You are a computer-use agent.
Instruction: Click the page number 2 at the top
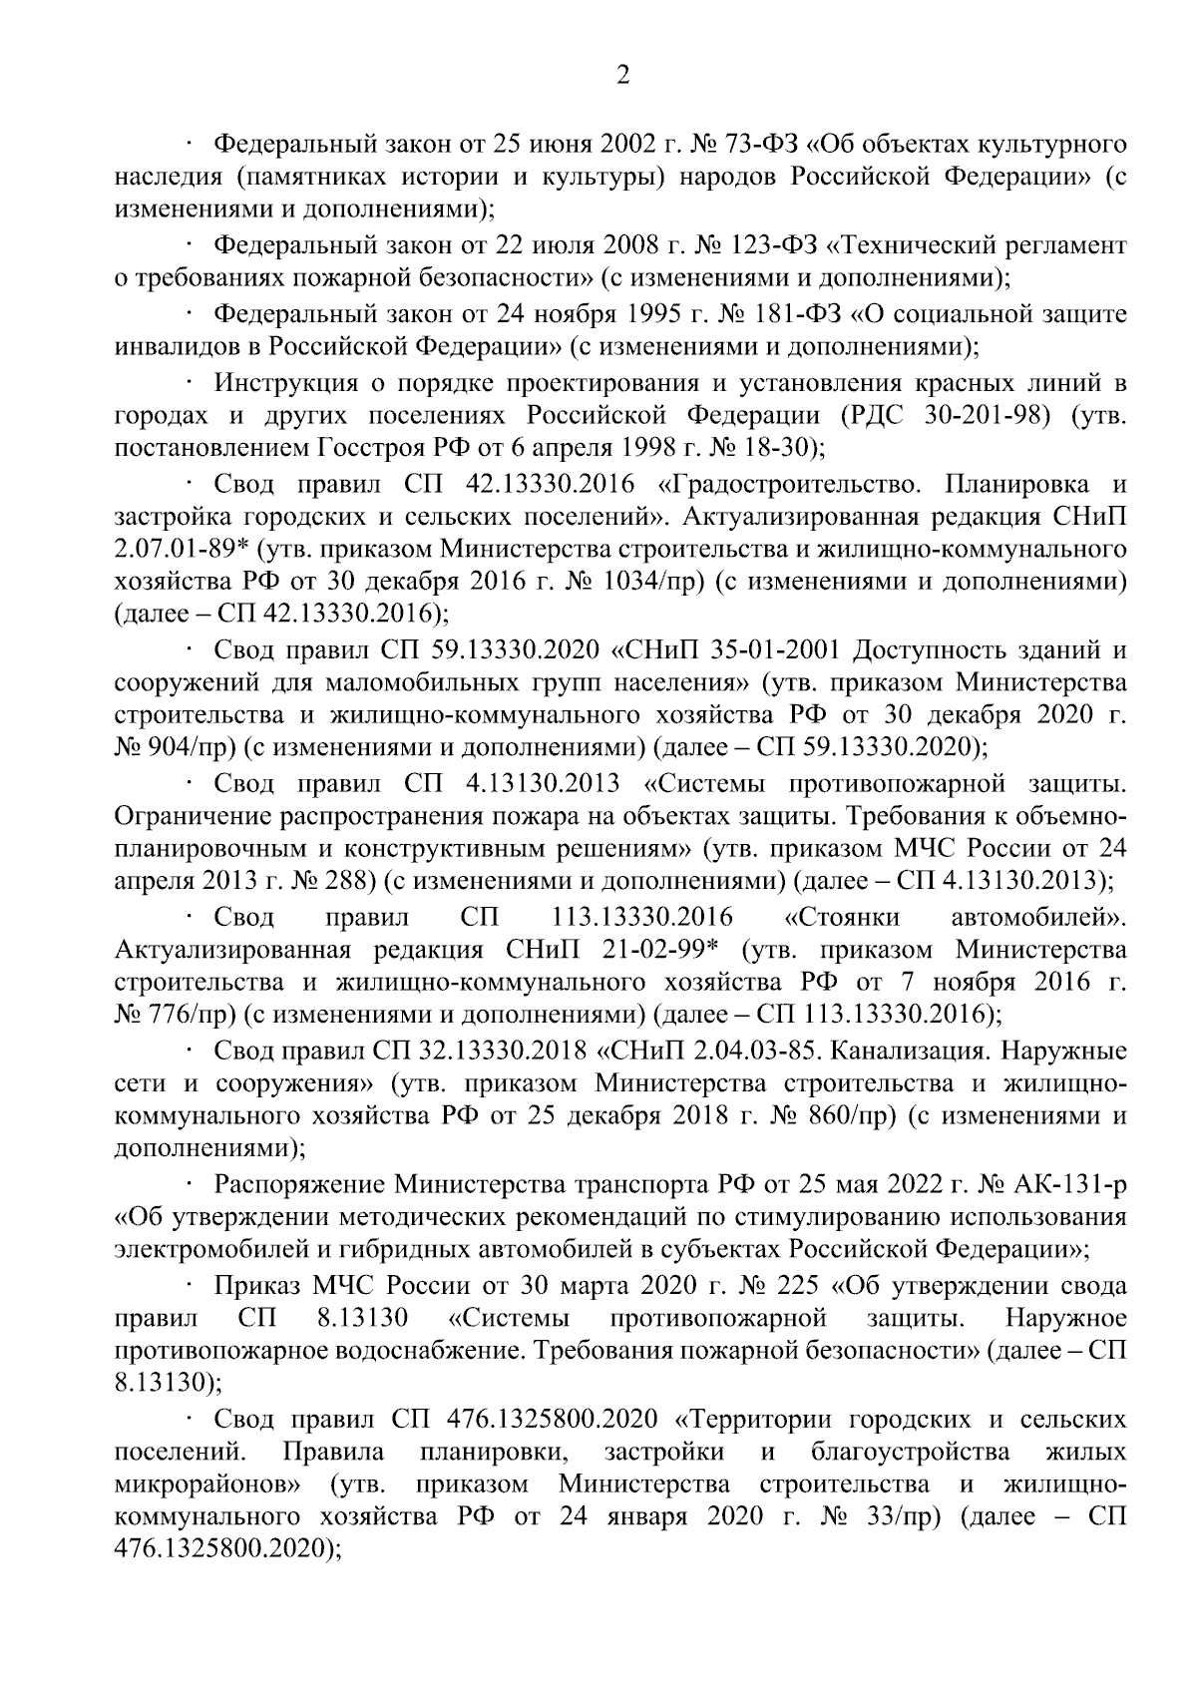pyautogui.click(x=622, y=77)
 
